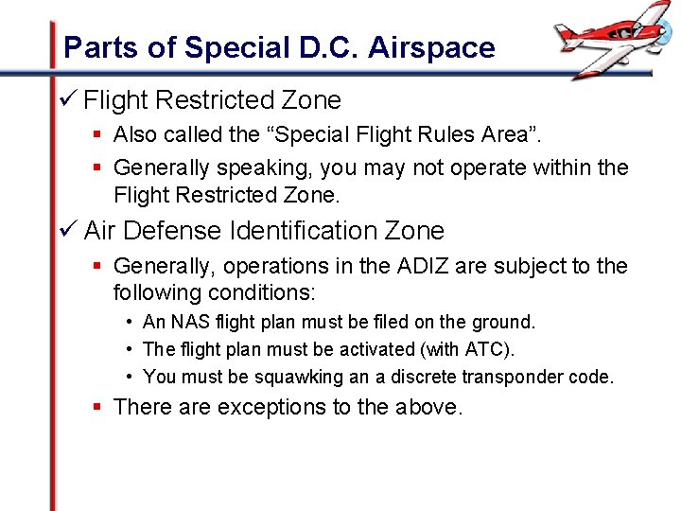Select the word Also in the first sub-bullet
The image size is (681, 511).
click(136, 134)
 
